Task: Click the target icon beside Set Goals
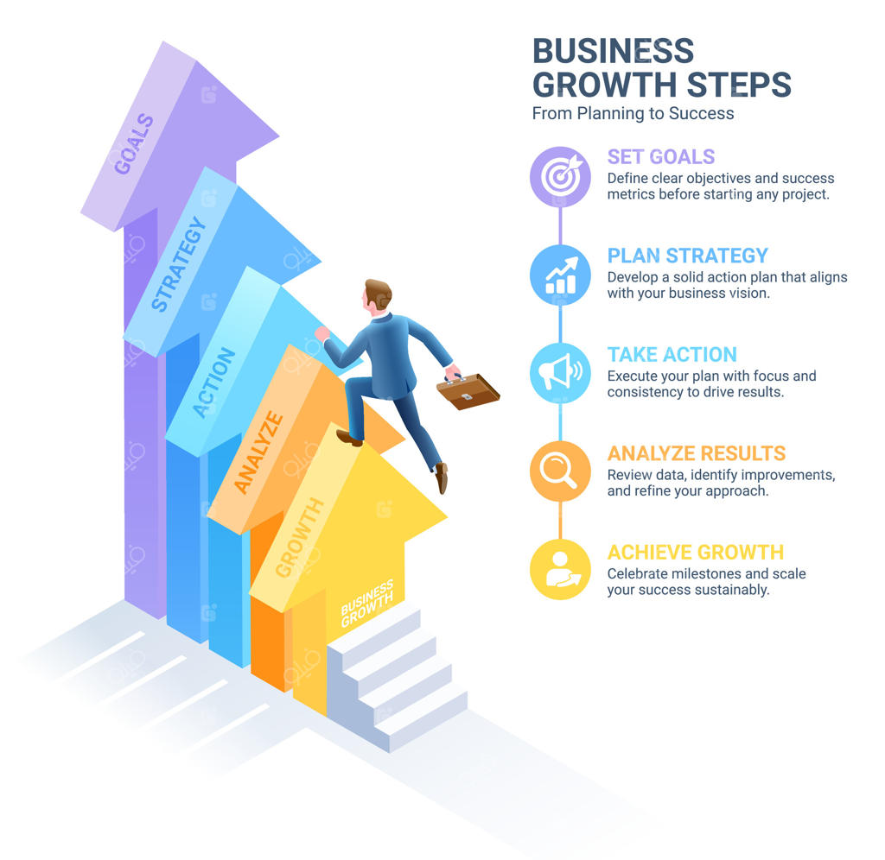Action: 560,176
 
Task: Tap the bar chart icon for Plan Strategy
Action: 560,275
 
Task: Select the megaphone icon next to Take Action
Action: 560,373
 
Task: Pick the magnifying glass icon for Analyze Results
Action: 560,471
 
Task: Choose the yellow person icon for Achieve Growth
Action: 560,570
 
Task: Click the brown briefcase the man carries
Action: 468,390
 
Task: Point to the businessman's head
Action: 376,295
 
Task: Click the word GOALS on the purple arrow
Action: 134,144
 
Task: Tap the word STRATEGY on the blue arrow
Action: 179,264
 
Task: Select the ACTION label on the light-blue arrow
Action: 213,383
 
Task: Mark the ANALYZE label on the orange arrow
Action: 258,453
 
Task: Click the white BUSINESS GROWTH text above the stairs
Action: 368,604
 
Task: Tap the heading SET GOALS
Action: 661,156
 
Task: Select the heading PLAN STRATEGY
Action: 687,256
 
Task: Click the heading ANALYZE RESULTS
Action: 696,453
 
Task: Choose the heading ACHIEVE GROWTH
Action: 695,553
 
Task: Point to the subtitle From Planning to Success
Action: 633,113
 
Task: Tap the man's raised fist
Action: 322,333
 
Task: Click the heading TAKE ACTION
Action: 672,354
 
